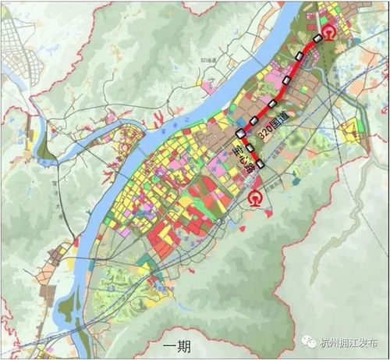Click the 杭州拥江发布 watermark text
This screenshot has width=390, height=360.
353,342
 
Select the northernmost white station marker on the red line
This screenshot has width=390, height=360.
318,38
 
